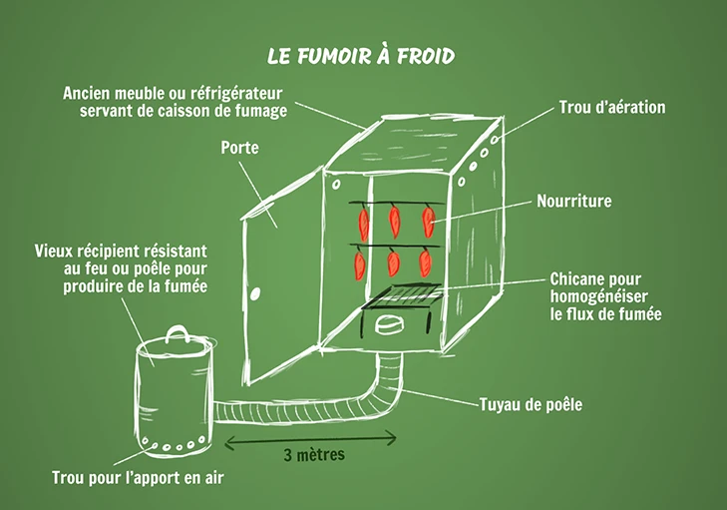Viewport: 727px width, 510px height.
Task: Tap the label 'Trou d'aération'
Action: [x=611, y=107]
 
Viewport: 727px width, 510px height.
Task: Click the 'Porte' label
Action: [x=239, y=148]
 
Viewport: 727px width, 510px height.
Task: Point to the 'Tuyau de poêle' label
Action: [x=531, y=405]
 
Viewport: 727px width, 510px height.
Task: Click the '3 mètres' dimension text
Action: [x=313, y=457]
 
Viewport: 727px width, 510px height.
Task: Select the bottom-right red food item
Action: [x=426, y=261]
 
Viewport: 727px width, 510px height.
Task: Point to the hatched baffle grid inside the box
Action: [x=399, y=295]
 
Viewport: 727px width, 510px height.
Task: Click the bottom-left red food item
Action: [x=360, y=263]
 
